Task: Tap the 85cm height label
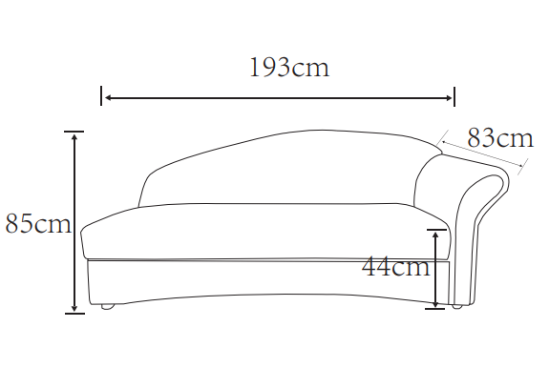click(37, 225)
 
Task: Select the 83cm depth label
click(499, 138)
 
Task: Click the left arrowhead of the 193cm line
click(107, 96)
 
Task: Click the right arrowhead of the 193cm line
click(449, 96)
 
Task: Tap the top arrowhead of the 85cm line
click(74, 136)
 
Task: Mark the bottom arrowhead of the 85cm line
click(74, 307)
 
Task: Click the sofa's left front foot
click(108, 307)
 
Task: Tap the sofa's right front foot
click(456, 307)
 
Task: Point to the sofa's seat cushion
click(258, 229)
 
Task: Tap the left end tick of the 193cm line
click(101, 96)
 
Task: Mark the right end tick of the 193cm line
click(454, 96)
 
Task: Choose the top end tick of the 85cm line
click(74, 131)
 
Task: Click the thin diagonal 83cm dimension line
click(482, 156)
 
